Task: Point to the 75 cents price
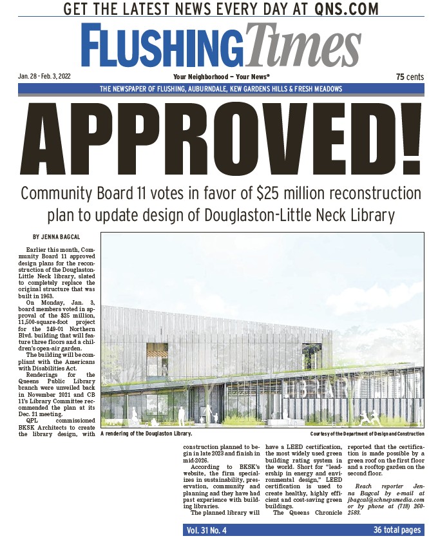(x=410, y=77)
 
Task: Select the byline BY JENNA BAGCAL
(x=57, y=236)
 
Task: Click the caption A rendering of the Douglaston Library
(x=146, y=434)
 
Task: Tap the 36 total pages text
(x=397, y=530)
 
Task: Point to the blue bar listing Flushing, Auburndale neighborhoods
(x=221, y=89)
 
